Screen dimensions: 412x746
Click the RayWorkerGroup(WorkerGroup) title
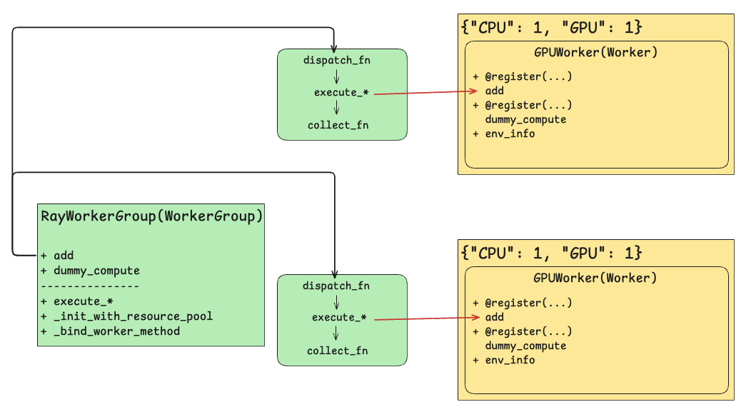151,216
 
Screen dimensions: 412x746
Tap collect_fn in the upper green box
338,126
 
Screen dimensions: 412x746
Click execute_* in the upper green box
341,93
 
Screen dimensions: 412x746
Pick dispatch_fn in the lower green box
336,286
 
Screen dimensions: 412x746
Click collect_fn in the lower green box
338,351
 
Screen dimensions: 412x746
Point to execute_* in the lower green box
339,317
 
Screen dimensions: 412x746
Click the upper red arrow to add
425,92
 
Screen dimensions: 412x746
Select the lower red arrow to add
425,318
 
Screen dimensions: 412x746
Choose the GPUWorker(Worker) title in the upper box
595,52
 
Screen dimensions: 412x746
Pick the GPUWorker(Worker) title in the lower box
595,278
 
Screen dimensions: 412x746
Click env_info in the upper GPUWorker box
510,134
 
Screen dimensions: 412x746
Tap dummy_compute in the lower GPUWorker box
525,346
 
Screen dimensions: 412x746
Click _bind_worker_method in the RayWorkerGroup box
116,331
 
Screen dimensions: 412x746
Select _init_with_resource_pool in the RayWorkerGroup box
133,316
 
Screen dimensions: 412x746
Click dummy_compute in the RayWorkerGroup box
96,271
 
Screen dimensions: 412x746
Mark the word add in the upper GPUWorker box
495,91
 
